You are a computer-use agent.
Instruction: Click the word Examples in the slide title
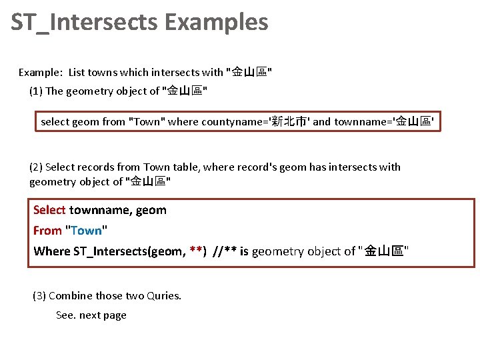point(216,23)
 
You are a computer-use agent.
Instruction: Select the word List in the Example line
point(77,72)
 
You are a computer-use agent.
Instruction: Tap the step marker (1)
point(36,91)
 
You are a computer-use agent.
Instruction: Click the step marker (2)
point(36,167)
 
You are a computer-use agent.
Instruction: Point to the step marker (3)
point(39,295)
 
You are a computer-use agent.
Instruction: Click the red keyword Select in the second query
point(49,210)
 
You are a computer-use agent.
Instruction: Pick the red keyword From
point(47,231)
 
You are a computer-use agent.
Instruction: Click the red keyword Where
point(51,251)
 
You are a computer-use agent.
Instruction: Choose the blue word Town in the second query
point(87,231)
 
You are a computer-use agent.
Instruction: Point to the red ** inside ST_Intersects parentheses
point(197,251)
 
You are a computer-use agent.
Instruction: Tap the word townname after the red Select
point(99,210)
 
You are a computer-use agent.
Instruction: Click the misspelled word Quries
point(165,295)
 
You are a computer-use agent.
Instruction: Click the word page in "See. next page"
point(114,315)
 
